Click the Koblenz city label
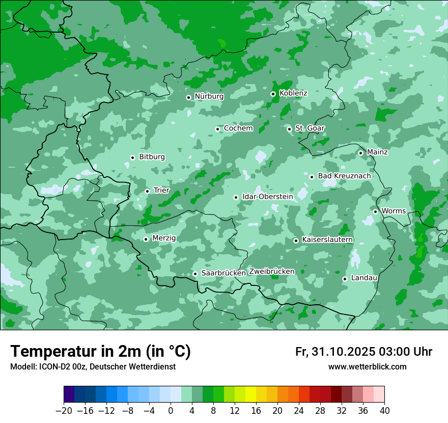[293, 93]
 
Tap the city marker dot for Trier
[147, 191]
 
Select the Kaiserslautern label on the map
[327, 240]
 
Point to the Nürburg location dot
[188, 97]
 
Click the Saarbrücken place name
[223, 273]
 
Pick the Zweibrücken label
[271, 271]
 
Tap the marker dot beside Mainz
[360, 153]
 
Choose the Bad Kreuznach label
[344, 176]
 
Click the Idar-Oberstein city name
[268, 196]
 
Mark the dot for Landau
[345, 279]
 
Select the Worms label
[394, 211]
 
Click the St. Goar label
[310, 128]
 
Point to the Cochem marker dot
[217, 129]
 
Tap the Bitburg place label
[152, 157]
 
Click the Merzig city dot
[146, 239]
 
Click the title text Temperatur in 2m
[100, 351]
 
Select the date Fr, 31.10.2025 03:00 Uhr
[363, 352]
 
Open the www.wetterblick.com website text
[367, 367]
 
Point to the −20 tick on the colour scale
[64, 411]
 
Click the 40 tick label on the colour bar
[384, 411]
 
